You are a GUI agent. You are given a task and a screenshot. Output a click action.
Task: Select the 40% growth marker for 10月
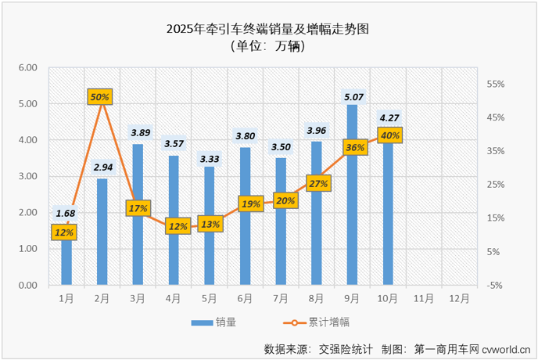389,135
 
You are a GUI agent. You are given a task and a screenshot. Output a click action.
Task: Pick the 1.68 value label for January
66,213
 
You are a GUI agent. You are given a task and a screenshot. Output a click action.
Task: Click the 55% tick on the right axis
497,84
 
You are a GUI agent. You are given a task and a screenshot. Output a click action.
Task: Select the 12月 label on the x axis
460,298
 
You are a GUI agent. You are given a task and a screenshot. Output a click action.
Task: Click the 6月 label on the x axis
244,298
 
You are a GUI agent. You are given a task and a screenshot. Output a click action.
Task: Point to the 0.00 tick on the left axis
28,285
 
